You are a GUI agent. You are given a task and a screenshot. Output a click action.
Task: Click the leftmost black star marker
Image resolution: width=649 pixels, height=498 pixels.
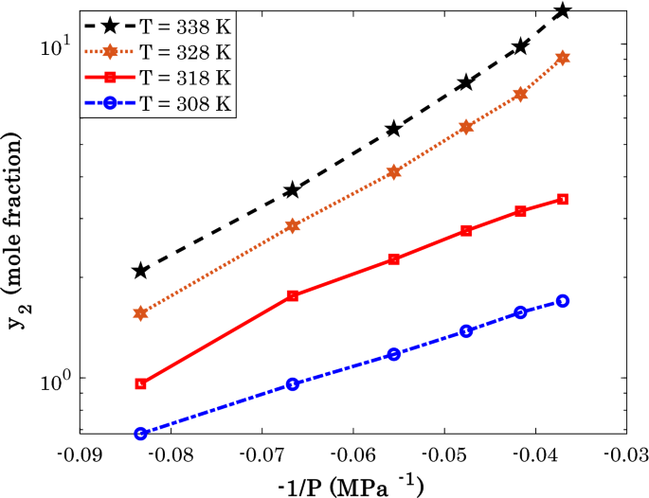pos(140,271)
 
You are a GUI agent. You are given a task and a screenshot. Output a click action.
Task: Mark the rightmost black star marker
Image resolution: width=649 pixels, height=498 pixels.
pos(563,10)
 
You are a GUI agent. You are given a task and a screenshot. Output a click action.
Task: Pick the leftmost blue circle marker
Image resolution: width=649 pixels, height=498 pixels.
pos(140,434)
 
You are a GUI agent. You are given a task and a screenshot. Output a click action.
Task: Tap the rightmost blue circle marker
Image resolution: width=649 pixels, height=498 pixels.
pos(563,301)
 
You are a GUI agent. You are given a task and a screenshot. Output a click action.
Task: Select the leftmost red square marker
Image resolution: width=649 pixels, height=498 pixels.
pos(140,383)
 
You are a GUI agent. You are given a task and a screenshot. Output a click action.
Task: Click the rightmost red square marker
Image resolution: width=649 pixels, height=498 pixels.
pos(563,199)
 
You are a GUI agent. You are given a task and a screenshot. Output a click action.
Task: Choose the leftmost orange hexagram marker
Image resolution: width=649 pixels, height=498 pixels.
pos(140,313)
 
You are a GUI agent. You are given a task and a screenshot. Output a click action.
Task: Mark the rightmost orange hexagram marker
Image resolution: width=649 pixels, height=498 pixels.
pos(563,58)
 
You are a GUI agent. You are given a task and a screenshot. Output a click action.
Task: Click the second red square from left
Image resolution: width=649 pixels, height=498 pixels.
pos(293,295)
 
